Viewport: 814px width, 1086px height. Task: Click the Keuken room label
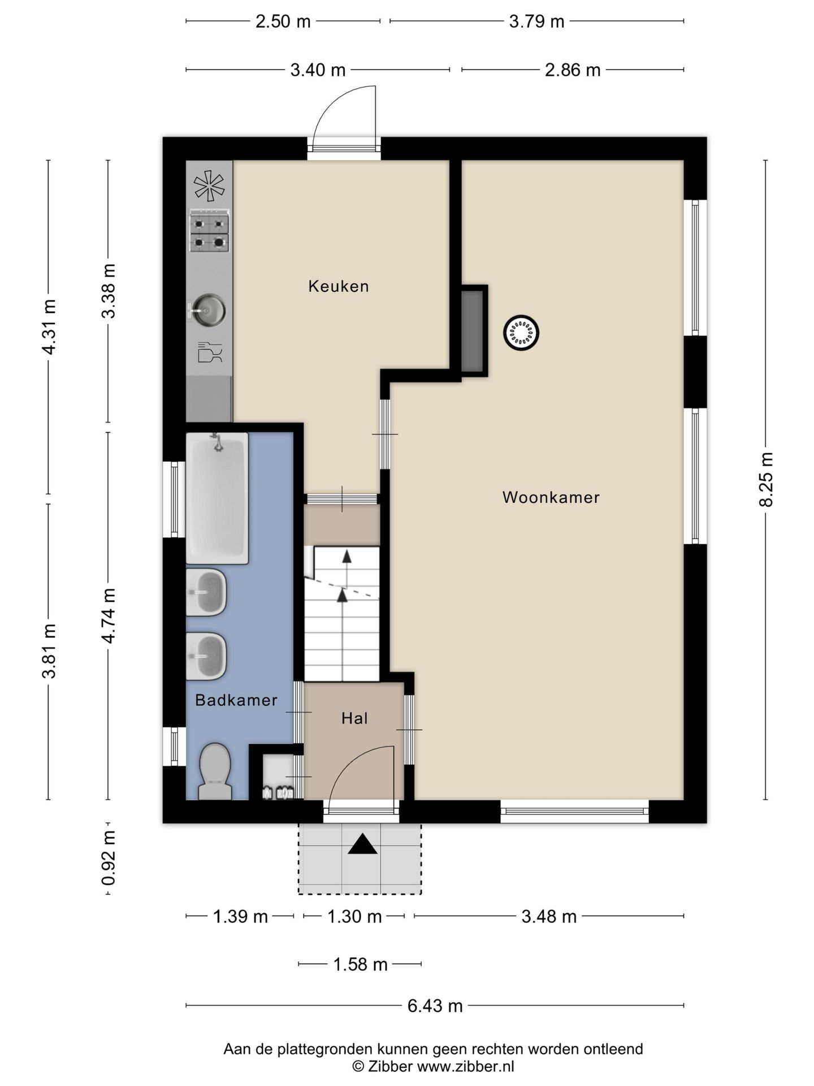tap(339, 286)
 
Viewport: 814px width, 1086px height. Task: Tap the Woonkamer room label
tap(551, 497)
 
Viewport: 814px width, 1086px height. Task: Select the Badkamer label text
tap(236, 700)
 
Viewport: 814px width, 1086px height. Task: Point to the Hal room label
tap(354, 718)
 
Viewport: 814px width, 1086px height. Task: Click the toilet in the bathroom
tap(215, 771)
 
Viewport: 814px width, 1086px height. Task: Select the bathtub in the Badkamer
tap(217, 498)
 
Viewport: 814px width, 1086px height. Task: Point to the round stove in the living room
tap(521, 333)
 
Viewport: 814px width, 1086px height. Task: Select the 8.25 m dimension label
tap(766, 480)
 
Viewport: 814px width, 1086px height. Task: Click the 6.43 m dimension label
tap(435, 1006)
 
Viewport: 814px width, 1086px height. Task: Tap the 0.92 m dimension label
tap(108, 857)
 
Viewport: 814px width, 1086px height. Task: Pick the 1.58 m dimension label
tap(360, 964)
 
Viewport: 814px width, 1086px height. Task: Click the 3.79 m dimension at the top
tap(536, 21)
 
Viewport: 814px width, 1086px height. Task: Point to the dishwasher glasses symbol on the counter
tap(210, 352)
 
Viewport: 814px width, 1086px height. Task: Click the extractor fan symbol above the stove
tap(209, 186)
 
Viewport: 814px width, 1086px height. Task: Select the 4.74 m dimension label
tap(108, 615)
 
